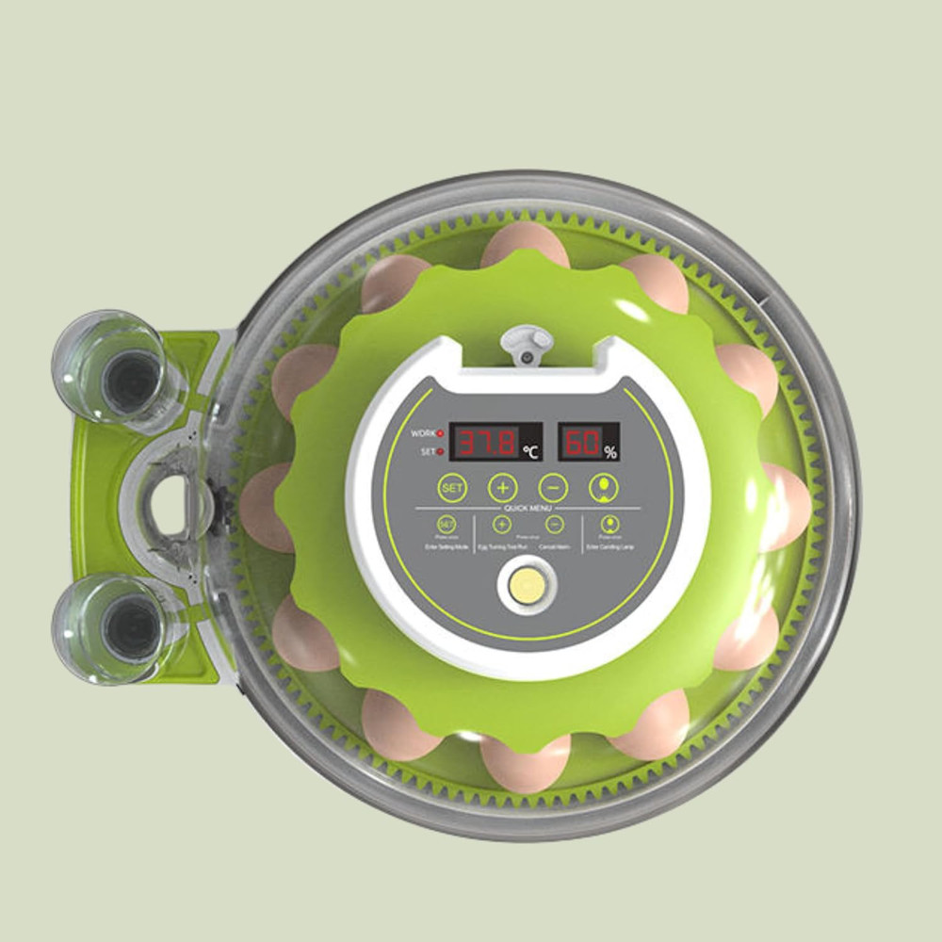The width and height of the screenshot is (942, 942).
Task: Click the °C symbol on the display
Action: pyautogui.click(x=532, y=452)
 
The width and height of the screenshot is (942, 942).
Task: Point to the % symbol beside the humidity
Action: pyautogui.click(x=611, y=453)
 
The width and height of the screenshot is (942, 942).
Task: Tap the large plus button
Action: pyautogui.click(x=502, y=488)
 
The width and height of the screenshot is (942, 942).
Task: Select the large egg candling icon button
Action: pyautogui.click(x=603, y=487)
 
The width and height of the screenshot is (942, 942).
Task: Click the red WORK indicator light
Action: pyautogui.click(x=440, y=433)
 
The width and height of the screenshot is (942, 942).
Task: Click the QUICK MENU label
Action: pyautogui.click(x=528, y=508)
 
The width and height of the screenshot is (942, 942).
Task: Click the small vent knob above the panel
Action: pyautogui.click(x=527, y=343)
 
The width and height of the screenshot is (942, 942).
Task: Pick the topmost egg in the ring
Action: pyautogui.click(x=525, y=247)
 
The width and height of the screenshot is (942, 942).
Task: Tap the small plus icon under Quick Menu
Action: pyautogui.click(x=502, y=526)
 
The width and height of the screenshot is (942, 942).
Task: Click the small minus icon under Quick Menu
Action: pyautogui.click(x=555, y=526)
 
